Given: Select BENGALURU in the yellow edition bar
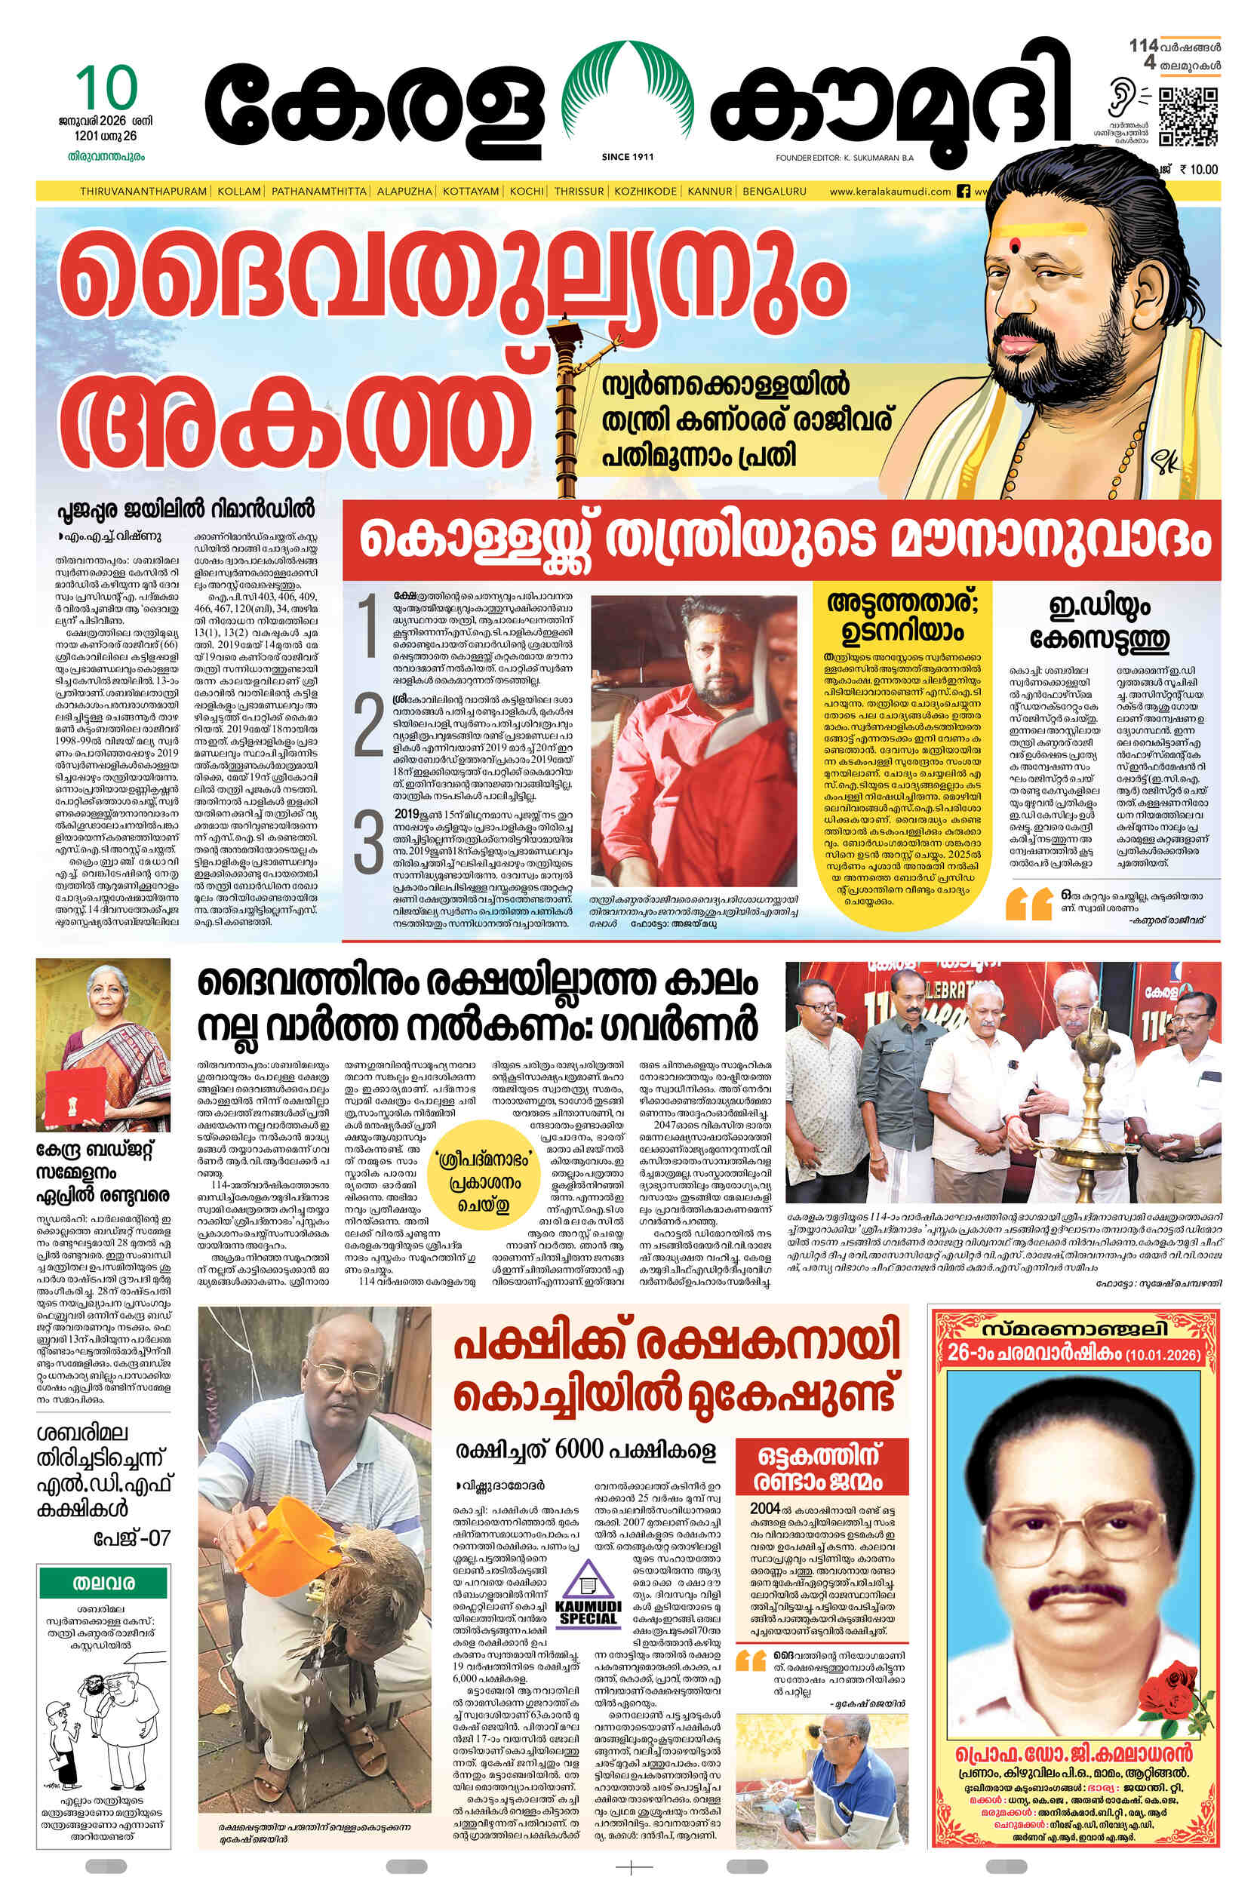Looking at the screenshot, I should [x=773, y=192].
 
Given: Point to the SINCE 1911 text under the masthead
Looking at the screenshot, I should [x=628, y=157].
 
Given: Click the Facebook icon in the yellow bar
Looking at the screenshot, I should [x=963, y=192].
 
